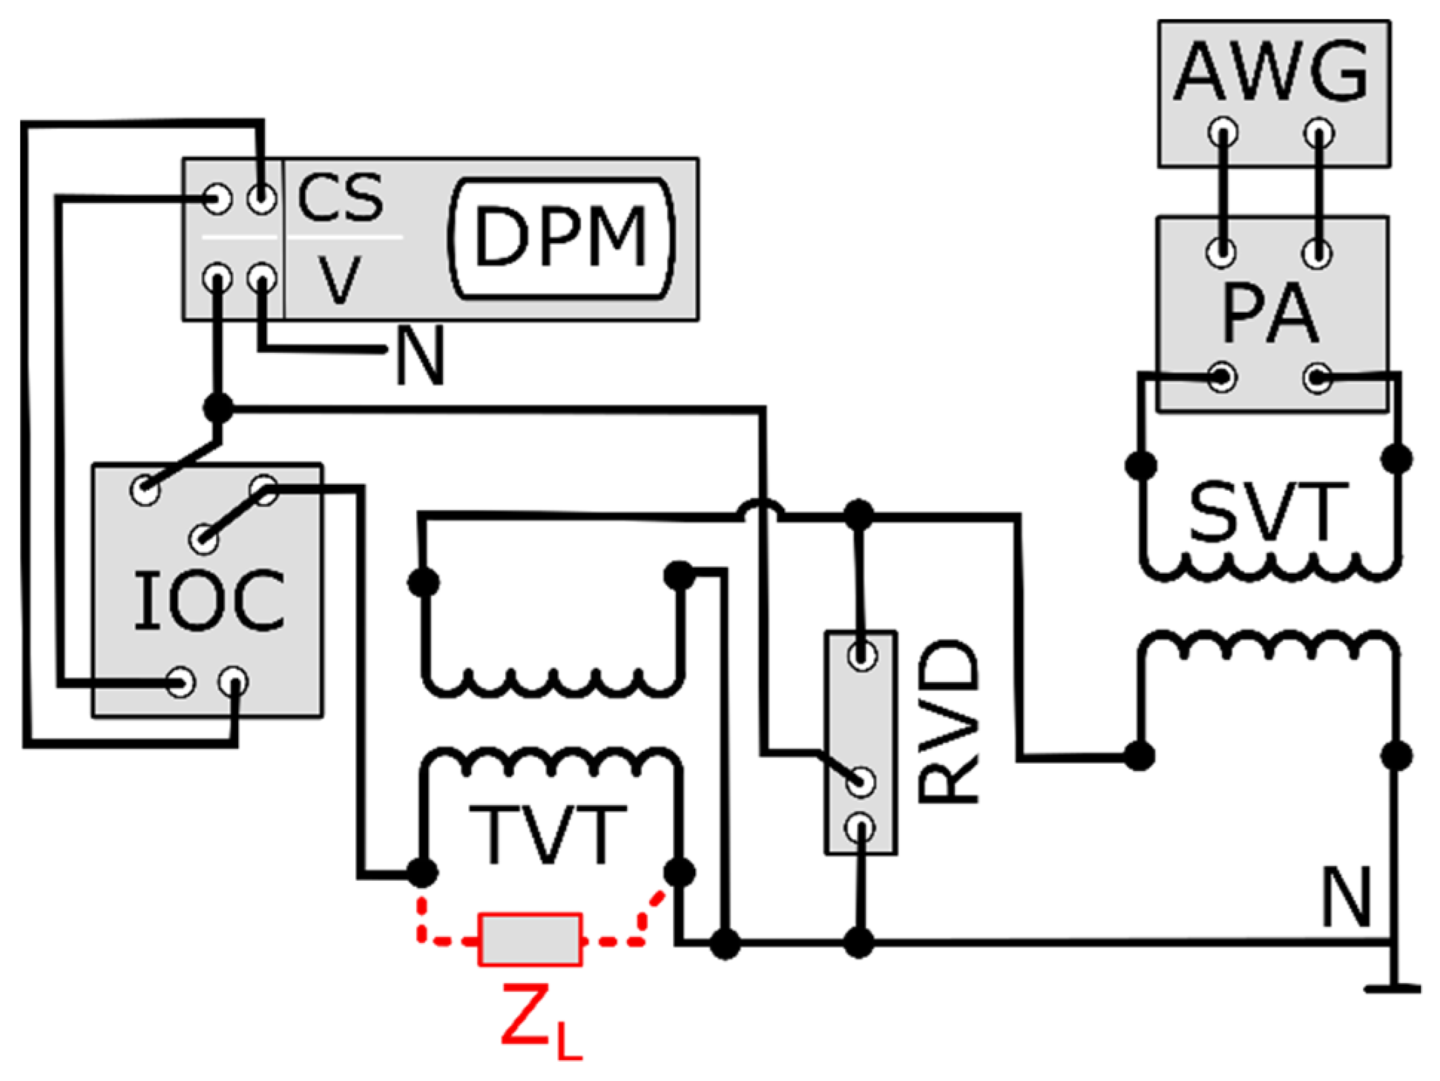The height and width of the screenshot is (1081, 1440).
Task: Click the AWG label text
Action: click(1272, 72)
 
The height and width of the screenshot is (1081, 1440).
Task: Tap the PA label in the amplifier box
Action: click(1270, 314)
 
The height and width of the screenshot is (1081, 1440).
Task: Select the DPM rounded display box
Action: click(562, 238)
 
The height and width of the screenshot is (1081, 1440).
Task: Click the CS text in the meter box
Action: click(341, 198)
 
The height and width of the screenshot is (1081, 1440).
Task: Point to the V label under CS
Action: click(340, 280)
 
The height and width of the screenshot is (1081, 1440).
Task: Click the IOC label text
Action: click(208, 601)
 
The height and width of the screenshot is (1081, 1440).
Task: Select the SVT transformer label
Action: click(1268, 512)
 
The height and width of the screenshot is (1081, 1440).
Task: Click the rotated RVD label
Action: click(948, 722)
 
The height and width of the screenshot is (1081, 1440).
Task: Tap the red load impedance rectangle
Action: click(530, 939)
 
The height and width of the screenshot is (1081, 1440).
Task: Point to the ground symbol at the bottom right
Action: click(1393, 987)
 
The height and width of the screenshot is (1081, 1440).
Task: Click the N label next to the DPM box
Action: click(421, 356)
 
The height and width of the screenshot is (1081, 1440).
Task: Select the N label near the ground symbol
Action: click(1347, 898)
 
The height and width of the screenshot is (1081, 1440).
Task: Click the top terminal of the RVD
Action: click(861, 655)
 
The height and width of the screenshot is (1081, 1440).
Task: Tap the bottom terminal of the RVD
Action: click(861, 827)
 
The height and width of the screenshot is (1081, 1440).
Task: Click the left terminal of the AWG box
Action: click(1223, 133)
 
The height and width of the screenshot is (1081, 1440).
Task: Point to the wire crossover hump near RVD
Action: click(760, 510)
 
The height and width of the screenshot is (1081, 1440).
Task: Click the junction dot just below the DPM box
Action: click(218, 407)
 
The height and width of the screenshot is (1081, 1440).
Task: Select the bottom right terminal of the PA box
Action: click(1318, 377)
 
